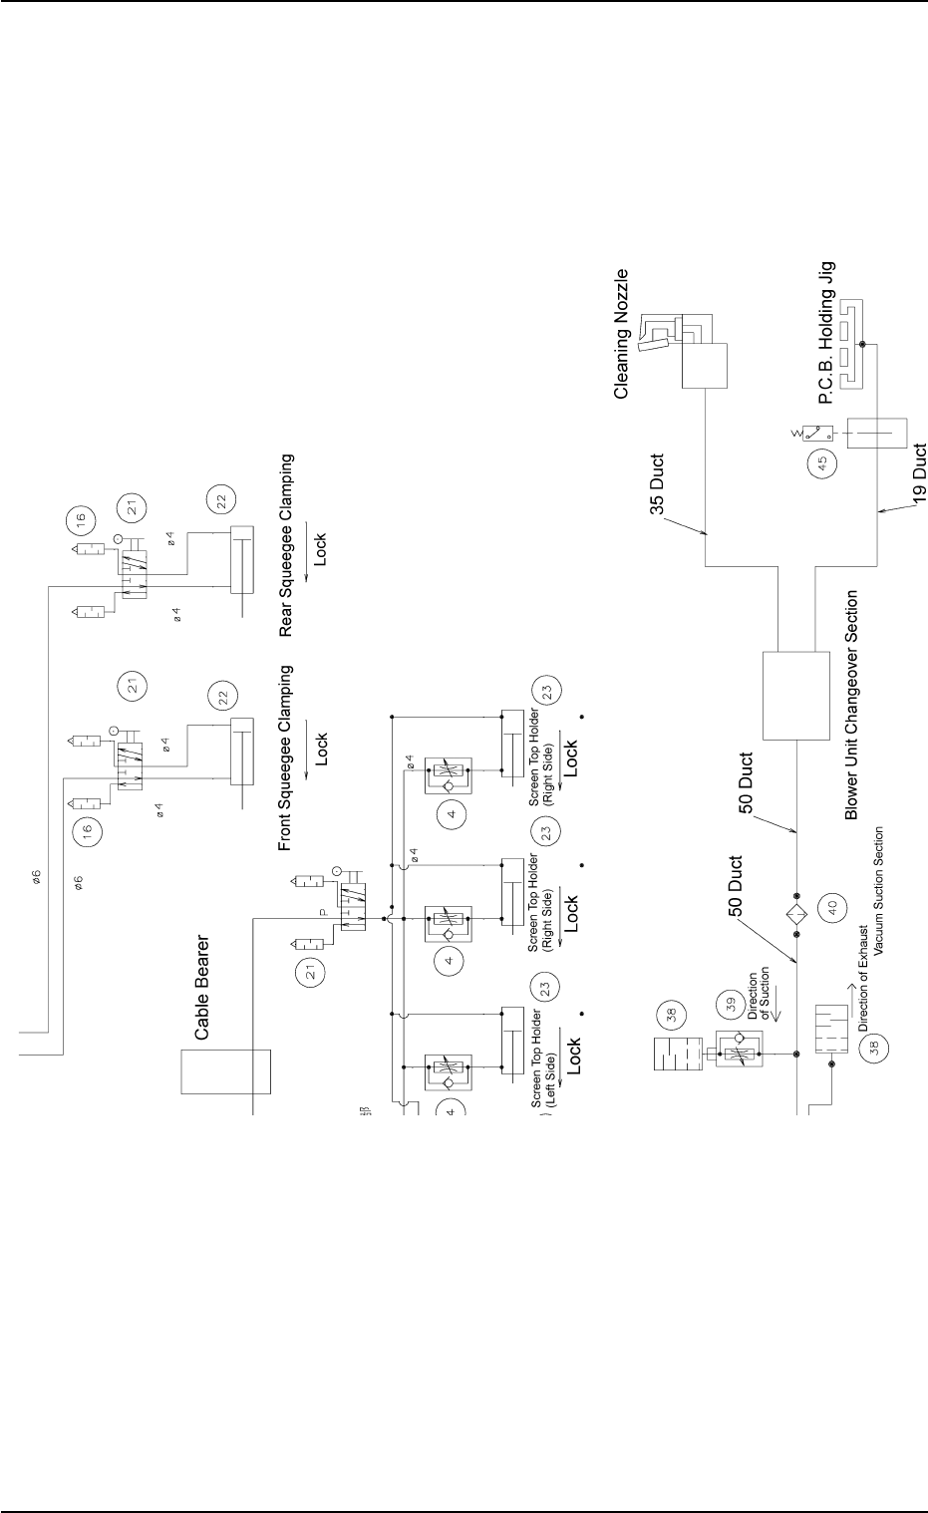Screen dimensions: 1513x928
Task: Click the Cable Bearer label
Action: [x=201, y=988]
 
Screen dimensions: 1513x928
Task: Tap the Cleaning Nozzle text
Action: [x=622, y=333]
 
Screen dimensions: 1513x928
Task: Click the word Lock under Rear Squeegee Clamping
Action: [x=320, y=547]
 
